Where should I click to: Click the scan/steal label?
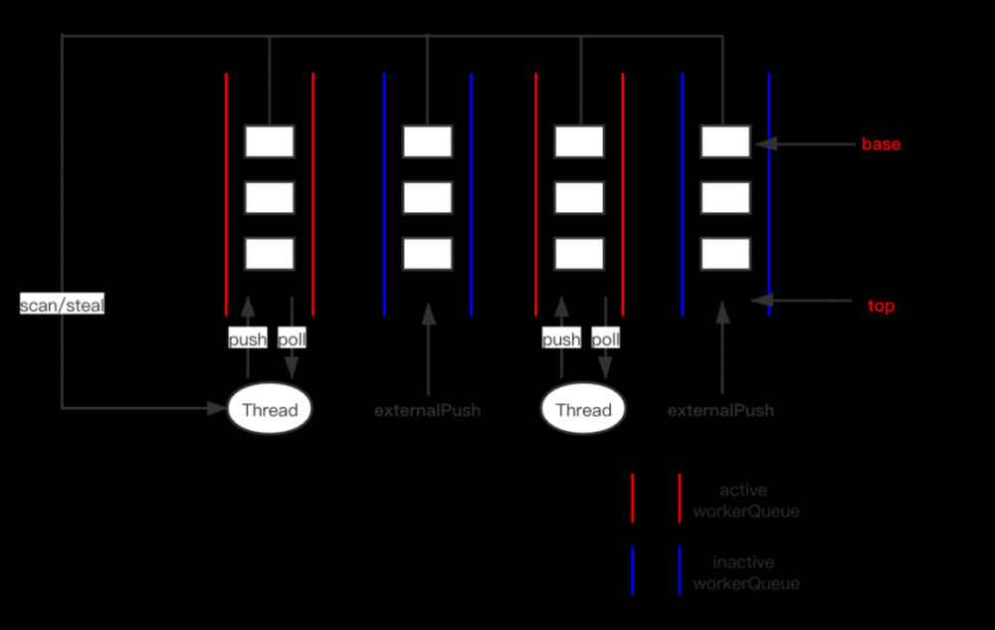[62, 306]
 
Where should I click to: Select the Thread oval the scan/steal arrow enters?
[270, 410]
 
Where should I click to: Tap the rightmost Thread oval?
[583, 410]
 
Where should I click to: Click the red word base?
[881, 144]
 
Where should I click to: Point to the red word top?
[881, 307]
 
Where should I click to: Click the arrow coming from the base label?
[806, 144]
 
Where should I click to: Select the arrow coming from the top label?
[806, 300]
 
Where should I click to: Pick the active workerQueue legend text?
[745, 501]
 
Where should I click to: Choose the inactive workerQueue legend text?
[745, 572]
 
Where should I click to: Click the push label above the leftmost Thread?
[248, 339]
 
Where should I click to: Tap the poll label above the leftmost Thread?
[292, 339]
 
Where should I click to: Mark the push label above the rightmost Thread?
[561, 339]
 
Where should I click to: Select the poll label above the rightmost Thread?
[605, 339]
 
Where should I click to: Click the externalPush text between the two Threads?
[428, 410]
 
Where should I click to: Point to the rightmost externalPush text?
[720, 410]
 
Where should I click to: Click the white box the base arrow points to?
[725, 141]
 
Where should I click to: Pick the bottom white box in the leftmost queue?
[270, 254]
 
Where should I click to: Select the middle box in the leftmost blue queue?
[428, 197]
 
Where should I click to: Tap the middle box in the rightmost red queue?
[579, 197]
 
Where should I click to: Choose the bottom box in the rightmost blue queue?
[725, 254]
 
